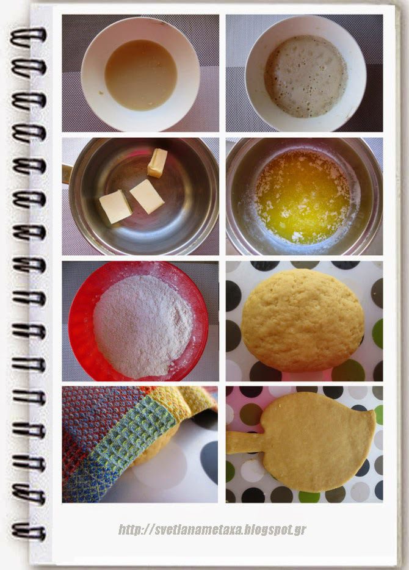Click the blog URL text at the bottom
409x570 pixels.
point(212,530)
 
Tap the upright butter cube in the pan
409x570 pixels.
point(157,163)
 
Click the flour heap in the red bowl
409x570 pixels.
point(143,326)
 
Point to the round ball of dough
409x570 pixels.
point(303,320)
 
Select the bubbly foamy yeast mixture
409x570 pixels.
point(305,76)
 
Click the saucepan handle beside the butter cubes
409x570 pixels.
point(67,173)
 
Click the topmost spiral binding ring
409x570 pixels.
point(28,37)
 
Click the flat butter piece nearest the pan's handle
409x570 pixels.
point(115,206)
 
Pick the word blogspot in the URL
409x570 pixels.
point(267,530)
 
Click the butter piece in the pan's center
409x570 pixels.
point(147,197)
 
